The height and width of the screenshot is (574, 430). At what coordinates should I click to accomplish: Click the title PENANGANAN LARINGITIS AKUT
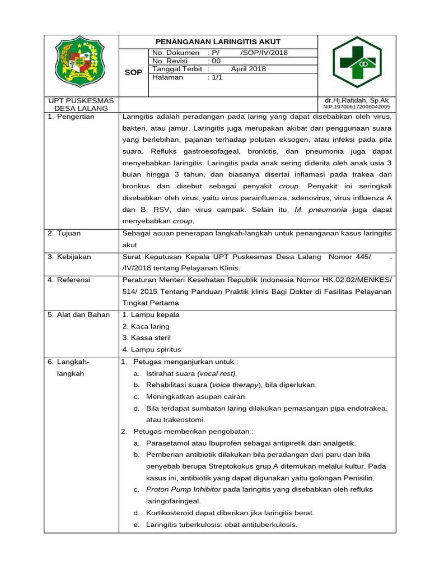(x=218, y=42)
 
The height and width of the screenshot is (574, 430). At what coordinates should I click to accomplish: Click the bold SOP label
(x=133, y=73)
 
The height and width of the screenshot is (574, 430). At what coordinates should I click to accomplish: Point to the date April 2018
(x=248, y=69)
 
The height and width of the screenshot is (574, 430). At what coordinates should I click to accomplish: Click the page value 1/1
(x=215, y=77)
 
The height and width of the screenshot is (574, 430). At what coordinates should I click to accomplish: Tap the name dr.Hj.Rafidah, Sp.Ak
(x=356, y=100)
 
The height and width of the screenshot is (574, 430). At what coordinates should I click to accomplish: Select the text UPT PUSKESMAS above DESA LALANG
(x=81, y=100)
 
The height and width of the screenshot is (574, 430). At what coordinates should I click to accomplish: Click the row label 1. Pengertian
(x=71, y=117)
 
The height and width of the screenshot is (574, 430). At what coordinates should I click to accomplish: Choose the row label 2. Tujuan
(x=65, y=233)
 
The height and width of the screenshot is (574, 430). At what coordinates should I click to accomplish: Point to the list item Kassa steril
(x=151, y=338)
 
